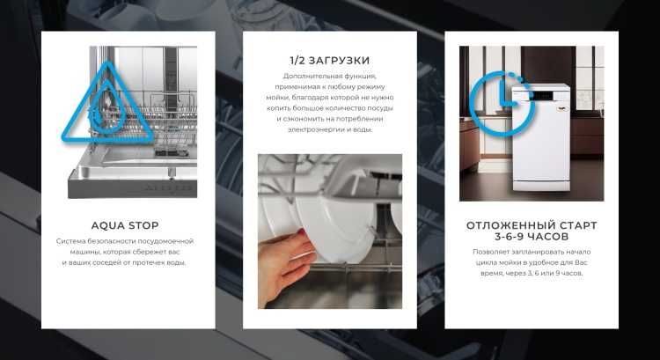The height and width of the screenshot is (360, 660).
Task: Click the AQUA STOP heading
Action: click(125, 225)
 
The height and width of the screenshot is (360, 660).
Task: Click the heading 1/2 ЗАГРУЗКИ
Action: click(329, 61)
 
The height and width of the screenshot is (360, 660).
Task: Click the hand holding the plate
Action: click(283, 263)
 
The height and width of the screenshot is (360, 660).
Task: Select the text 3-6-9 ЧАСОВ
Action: click(532, 238)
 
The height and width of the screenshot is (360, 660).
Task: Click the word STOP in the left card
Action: click(143, 225)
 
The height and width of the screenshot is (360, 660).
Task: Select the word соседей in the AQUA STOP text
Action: click(108, 263)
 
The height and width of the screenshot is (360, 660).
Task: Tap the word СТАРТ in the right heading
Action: click(574, 225)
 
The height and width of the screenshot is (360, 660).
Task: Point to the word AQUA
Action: click(106, 225)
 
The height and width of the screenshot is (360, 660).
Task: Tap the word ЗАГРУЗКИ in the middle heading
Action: click(339, 61)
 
